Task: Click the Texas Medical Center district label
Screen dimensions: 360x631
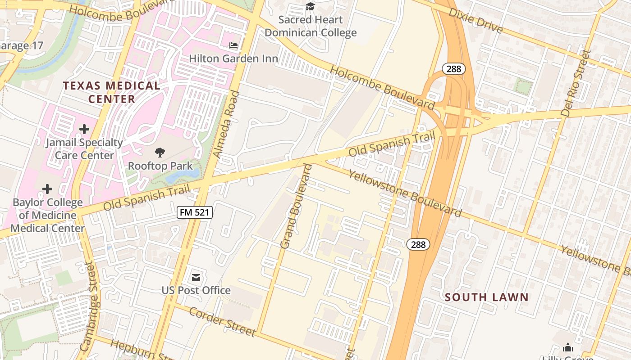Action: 111,92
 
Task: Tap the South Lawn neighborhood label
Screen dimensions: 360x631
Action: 486,297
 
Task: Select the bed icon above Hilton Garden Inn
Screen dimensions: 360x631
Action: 233,45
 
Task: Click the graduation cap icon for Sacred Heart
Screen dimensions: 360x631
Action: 310,6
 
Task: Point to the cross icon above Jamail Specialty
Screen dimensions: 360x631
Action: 84,130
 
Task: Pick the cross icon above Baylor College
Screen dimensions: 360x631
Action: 47,189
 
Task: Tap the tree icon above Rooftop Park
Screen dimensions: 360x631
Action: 160,153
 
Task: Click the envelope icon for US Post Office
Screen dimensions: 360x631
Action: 196,277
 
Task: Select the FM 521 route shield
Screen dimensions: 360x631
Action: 195,212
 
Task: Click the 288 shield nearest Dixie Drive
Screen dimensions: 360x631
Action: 453,69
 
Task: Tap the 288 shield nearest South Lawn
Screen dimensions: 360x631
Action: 418,244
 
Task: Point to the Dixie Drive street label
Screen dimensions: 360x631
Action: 476,21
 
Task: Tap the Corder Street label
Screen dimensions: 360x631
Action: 222,322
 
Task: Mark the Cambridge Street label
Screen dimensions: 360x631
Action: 90,307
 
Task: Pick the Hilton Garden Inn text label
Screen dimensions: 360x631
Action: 233,58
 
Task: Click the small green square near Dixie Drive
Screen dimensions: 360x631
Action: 523,86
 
